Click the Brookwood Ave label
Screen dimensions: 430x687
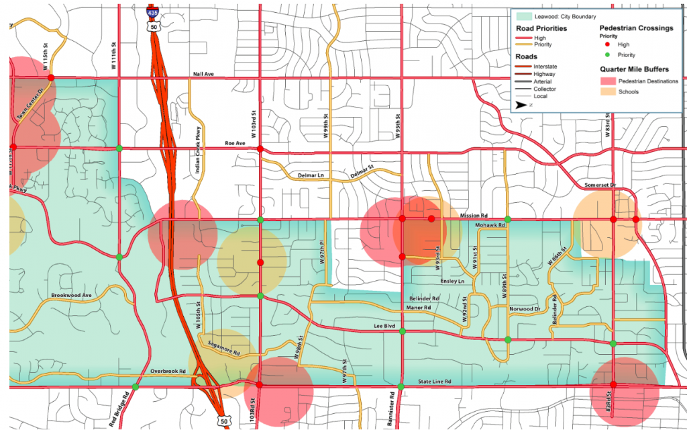click(71, 295)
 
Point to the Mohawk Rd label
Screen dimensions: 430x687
click(489, 225)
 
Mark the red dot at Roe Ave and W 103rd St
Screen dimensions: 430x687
click(260, 148)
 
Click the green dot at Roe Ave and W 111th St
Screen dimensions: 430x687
click(119, 148)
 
